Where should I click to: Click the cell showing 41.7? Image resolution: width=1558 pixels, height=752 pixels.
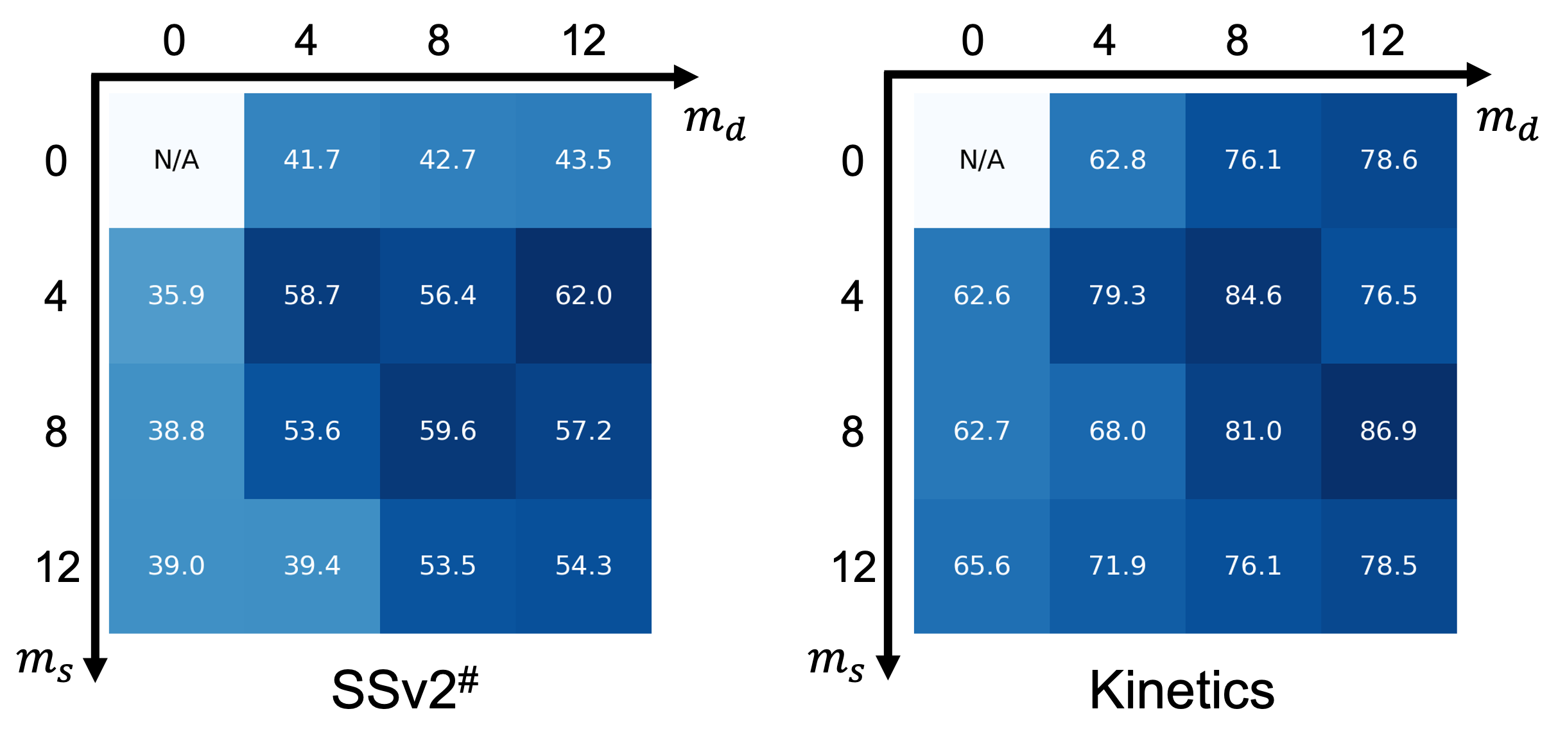tap(312, 160)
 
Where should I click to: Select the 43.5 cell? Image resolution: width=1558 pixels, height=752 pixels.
tap(583, 160)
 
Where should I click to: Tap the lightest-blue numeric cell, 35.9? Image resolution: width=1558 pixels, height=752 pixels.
tap(176, 295)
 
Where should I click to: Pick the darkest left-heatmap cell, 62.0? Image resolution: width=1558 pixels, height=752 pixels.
tap(583, 295)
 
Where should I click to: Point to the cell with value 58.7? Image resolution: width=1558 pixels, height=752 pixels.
tap(312, 295)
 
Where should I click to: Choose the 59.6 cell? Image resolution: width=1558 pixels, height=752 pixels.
tap(447, 431)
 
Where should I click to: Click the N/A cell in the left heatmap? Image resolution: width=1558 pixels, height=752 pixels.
tap(176, 160)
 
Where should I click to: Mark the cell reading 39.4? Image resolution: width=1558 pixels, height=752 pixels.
tap(312, 566)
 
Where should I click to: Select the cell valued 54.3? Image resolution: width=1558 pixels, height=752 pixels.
tap(583, 566)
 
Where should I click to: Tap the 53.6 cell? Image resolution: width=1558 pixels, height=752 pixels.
tap(312, 431)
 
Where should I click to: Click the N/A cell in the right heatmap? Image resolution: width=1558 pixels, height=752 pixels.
tap(981, 160)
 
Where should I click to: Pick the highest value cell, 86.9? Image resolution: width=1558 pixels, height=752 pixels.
tap(1388, 431)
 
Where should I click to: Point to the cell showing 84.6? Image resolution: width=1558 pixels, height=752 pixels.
tap(1252, 295)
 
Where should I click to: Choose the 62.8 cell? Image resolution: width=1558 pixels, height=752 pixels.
tap(1117, 160)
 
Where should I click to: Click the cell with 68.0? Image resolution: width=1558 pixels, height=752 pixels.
tap(1117, 431)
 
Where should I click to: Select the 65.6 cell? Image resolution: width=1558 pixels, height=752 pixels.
tap(981, 566)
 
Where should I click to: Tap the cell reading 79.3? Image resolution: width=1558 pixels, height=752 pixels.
tap(1117, 295)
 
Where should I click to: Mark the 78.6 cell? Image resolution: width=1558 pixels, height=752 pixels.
tap(1388, 160)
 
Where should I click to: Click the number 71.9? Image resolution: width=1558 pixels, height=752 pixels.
tap(1117, 566)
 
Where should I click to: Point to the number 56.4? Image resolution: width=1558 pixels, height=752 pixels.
tap(447, 295)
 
